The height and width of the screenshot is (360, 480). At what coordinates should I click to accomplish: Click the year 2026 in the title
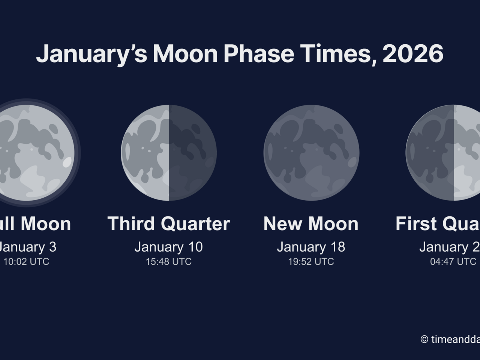[413, 54]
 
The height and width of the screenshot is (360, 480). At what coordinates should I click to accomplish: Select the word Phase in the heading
[259, 54]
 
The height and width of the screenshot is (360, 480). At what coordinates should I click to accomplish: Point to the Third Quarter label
[168, 224]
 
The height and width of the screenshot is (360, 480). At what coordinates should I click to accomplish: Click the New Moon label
[311, 224]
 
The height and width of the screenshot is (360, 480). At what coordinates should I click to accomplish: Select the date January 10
[168, 247]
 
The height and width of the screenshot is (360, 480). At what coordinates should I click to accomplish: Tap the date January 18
[311, 247]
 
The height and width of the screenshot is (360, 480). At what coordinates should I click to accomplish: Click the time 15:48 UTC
[168, 261]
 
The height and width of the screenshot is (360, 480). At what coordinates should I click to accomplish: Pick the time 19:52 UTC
[311, 261]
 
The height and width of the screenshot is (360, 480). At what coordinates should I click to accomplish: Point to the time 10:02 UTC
[26, 261]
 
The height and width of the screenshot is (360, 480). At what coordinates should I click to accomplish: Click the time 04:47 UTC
[453, 261]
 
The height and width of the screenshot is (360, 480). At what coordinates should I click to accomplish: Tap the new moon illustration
[311, 153]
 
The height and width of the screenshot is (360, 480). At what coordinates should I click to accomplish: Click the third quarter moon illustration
[169, 153]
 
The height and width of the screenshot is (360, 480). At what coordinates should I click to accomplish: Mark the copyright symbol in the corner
[424, 339]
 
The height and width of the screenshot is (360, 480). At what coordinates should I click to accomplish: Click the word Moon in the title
[185, 54]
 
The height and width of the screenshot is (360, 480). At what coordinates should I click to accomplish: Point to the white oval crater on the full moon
[67, 162]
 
